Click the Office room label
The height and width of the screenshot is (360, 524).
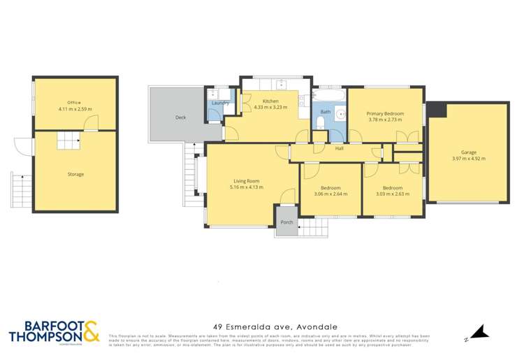point(75,102)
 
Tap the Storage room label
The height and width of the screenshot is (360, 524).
point(75,174)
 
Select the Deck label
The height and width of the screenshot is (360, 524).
point(180,117)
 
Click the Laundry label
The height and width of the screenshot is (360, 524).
point(221,103)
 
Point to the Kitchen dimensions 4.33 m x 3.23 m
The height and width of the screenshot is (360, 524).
point(270,107)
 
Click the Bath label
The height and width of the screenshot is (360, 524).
point(326,112)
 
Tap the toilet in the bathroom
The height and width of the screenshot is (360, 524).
point(319,124)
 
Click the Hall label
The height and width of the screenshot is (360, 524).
point(340,149)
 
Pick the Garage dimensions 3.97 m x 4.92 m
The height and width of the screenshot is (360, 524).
point(468,159)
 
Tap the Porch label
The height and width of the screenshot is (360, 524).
point(286,222)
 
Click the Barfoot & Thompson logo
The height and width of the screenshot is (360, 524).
point(54,331)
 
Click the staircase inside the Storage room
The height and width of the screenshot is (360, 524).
point(69,141)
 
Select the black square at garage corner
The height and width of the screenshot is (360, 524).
point(437,110)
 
